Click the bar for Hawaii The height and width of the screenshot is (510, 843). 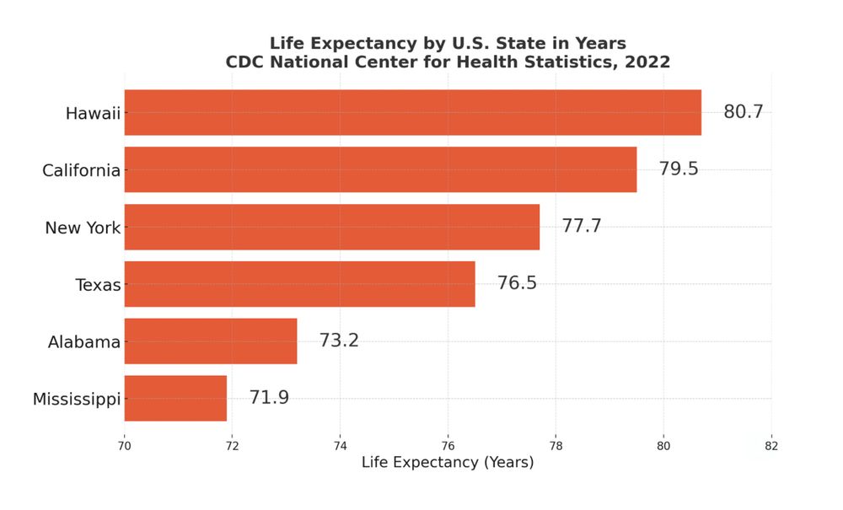click(x=412, y=112)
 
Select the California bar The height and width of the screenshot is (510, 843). click(x=380, y=169)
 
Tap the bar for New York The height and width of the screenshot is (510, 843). click(x=331, y=227)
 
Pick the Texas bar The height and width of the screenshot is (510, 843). click(x=299, y=284)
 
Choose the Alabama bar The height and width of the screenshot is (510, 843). click(x=211, y=341)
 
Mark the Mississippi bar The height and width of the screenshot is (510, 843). click(x=175, y=399)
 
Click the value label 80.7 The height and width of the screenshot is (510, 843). click(x=743, y=112)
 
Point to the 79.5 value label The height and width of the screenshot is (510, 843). click(x=679, y=169)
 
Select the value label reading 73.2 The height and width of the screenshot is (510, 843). click(x=339, y=341)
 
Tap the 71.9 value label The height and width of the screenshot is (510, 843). click(x=269, y=399)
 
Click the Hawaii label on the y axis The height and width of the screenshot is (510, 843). click(x=93, y=113)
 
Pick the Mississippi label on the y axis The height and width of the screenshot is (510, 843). click(x=77, y=400)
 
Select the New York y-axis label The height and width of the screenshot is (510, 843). click(x=83, y=228)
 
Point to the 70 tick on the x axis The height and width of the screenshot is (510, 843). click(x=125, y=445)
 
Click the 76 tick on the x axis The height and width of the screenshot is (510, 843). click(x=448, y=445)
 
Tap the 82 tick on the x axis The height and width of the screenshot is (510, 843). click(x=771, y=445)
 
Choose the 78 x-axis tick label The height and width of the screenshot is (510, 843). click(x=556, y=445)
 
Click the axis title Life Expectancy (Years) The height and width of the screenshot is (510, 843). click(x=448, y=463)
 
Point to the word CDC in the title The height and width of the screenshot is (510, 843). click(x=244, y=62)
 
